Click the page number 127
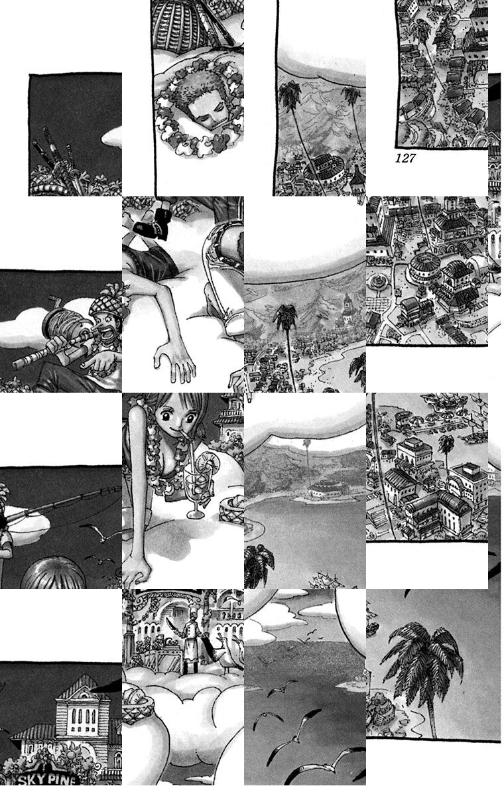(405, 158)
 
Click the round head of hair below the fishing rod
(53, 574)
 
